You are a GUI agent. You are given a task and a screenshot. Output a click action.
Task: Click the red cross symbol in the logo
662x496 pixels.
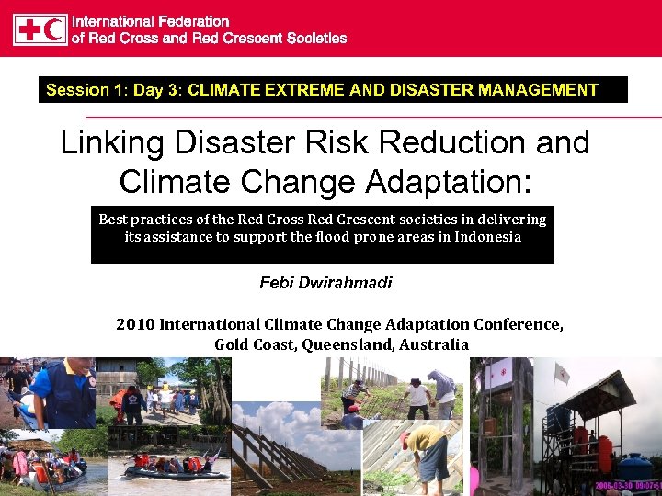(29, 29)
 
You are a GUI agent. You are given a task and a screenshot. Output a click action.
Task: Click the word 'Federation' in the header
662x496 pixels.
(192, 20)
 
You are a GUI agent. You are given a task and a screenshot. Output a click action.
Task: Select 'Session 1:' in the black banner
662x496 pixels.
(78, 90)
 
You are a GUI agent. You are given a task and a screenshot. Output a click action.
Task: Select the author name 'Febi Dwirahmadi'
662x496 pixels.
(325, 283)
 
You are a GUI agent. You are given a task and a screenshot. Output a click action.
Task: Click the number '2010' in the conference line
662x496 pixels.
(135, 325)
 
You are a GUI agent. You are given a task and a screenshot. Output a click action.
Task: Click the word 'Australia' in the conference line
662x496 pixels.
(434, 345)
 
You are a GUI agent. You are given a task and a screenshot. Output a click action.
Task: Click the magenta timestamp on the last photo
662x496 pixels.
(628, 486)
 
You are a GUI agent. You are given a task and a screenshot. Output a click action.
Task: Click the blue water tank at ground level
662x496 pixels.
(634, 468)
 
